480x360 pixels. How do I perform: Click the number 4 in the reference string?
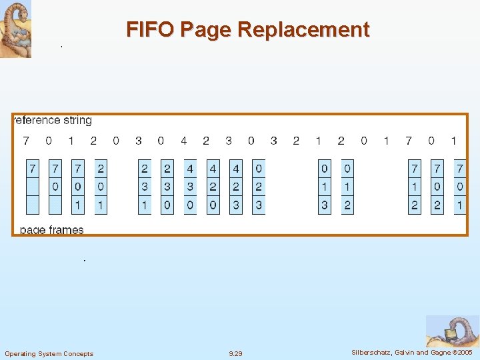(183, 141)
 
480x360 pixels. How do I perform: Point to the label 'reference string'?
(53, 121)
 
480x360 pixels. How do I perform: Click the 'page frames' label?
(52, 230)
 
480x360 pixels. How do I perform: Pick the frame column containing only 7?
(33, 187)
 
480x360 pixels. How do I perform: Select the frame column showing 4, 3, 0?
(191, 187)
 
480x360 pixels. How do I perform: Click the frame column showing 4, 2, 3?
(236, 187)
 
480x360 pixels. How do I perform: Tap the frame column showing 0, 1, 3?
(325, 187)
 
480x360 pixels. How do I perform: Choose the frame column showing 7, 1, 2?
(415, 187)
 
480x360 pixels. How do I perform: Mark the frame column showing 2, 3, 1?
(145, 187)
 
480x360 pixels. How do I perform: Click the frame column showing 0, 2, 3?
(259, 187)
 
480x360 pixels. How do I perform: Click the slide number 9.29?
(236, 353)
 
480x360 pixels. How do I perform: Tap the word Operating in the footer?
(21, 353)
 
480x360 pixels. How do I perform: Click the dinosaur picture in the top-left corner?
(15, 29)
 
